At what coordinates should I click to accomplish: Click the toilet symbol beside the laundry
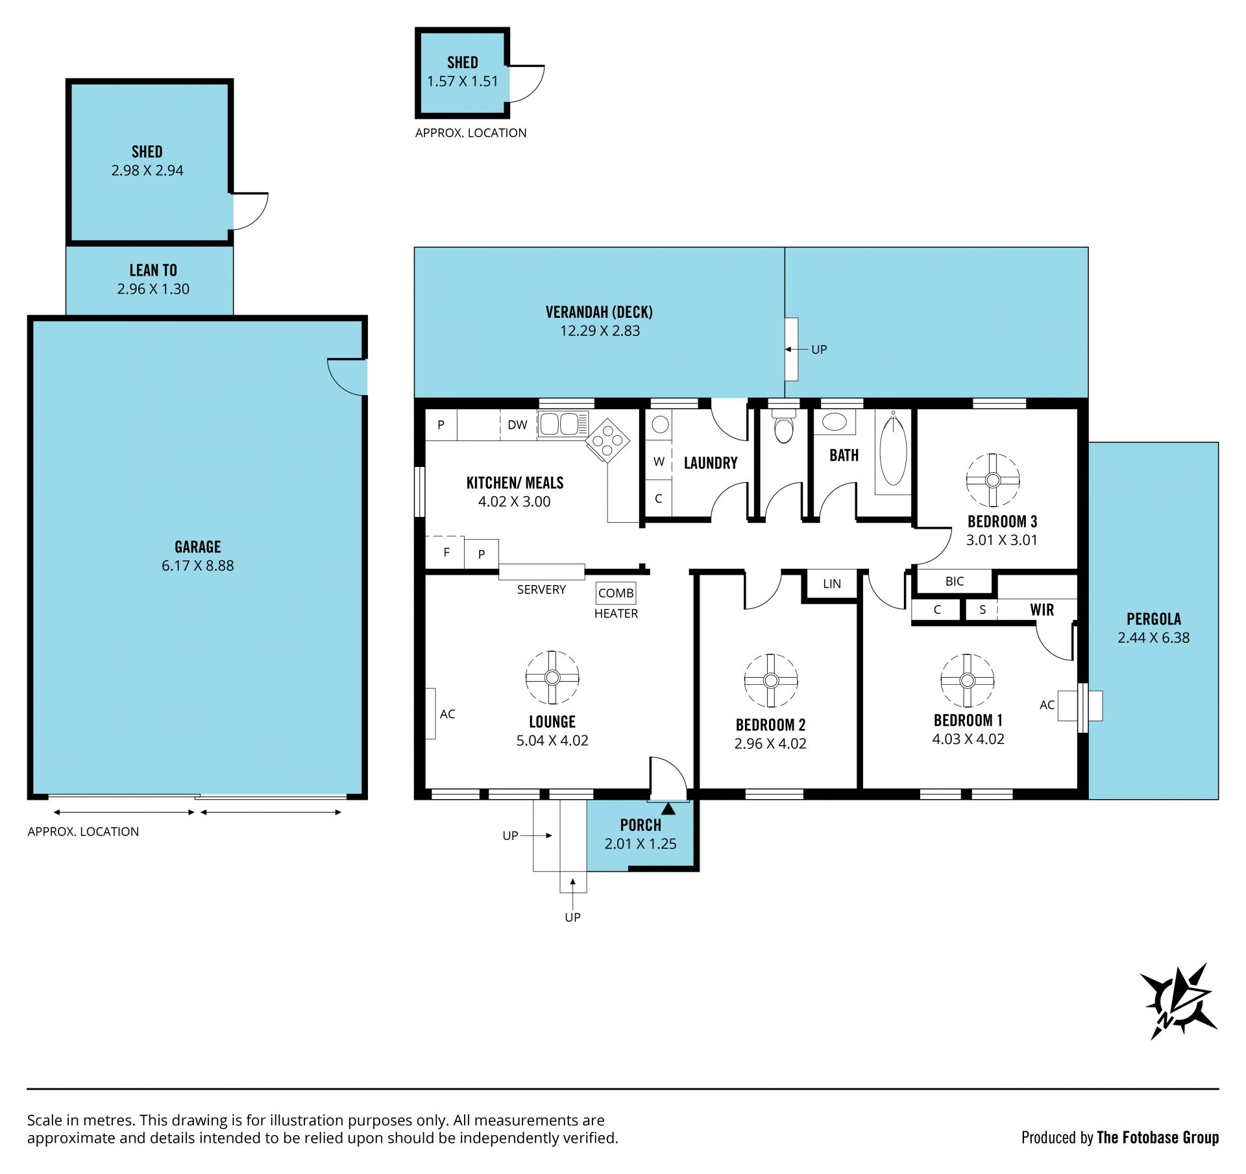click(784, 426)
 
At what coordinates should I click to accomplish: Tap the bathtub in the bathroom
click(893, 449)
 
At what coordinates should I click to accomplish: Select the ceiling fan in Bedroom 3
click(992, 480)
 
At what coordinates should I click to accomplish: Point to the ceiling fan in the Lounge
click(552, 677)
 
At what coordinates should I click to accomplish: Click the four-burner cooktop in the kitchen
click(608, 440)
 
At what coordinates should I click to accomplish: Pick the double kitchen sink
click(563, 424)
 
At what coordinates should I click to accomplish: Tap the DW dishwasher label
click(517, 425)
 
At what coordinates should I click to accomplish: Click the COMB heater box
click(616, 593)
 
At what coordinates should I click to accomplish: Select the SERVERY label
click(541, 590)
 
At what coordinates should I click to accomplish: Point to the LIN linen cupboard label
click(832, 584)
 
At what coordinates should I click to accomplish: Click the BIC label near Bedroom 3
click(955, 581)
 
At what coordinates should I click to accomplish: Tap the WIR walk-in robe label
click(1042, 610)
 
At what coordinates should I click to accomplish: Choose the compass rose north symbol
click(1179, 1001)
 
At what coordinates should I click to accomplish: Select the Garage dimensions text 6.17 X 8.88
click(198, 566)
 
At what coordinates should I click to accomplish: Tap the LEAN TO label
click(153, 270)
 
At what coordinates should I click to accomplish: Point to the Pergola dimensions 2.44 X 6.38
click(1154, 638)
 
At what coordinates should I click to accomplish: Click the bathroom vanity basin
click(834, 422)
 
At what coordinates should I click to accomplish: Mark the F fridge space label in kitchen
click(446, 553)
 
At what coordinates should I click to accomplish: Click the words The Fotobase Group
click(1158, 1137)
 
